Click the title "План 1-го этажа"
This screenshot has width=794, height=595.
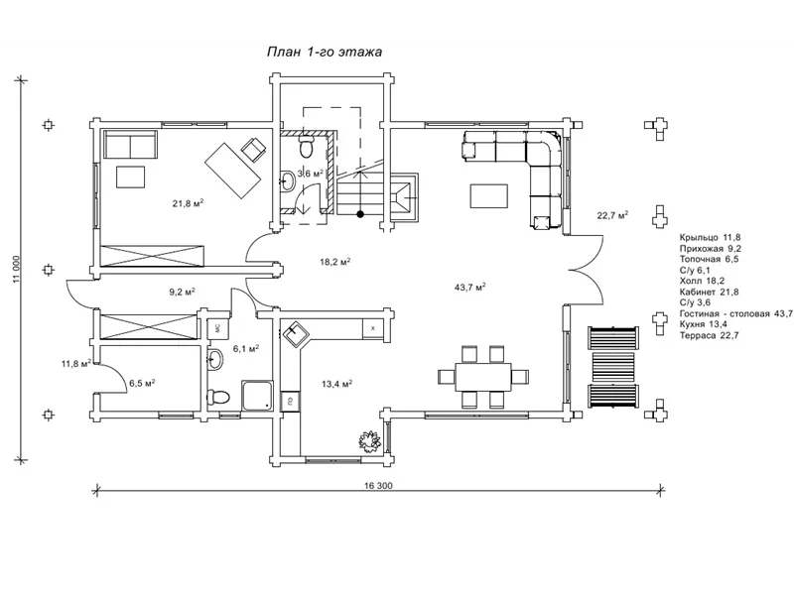point(325,53)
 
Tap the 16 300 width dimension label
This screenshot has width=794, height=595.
point(378,486)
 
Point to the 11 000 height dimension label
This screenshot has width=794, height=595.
point(17,269)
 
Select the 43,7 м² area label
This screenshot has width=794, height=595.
point(470,287)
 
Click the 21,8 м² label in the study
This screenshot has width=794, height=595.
point(188,203)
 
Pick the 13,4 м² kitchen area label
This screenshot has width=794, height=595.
point(336,384)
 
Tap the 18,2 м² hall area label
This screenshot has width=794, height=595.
point(335,262)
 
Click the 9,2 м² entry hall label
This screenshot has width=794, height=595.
point(182,292)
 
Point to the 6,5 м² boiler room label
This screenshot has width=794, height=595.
point(142,383)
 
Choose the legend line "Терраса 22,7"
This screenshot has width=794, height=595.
point(710,335)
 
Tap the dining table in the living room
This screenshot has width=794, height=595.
point(483,377)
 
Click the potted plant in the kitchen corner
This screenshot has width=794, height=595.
point(370,440)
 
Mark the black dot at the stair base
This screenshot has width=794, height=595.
point(360,214)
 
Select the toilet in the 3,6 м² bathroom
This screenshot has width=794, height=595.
point(307,146)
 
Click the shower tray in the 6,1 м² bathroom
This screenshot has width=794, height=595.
point(258,396)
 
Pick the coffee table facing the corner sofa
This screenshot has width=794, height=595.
point(488,196)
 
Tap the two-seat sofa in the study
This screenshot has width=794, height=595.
point(131,144)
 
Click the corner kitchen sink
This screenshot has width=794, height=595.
point(294,333)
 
